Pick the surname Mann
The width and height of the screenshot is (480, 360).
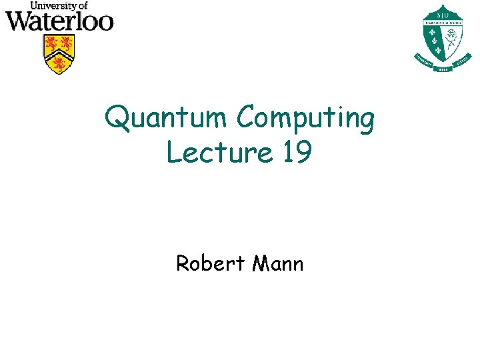(278, 263)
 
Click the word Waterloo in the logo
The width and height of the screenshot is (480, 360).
(59, 21)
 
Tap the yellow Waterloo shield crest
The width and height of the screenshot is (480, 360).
(59, 53)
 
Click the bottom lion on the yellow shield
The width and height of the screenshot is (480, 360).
(59, 64)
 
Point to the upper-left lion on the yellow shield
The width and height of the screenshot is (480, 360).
(50, 43)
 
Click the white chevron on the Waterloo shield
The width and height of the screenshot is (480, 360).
(59, 53)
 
